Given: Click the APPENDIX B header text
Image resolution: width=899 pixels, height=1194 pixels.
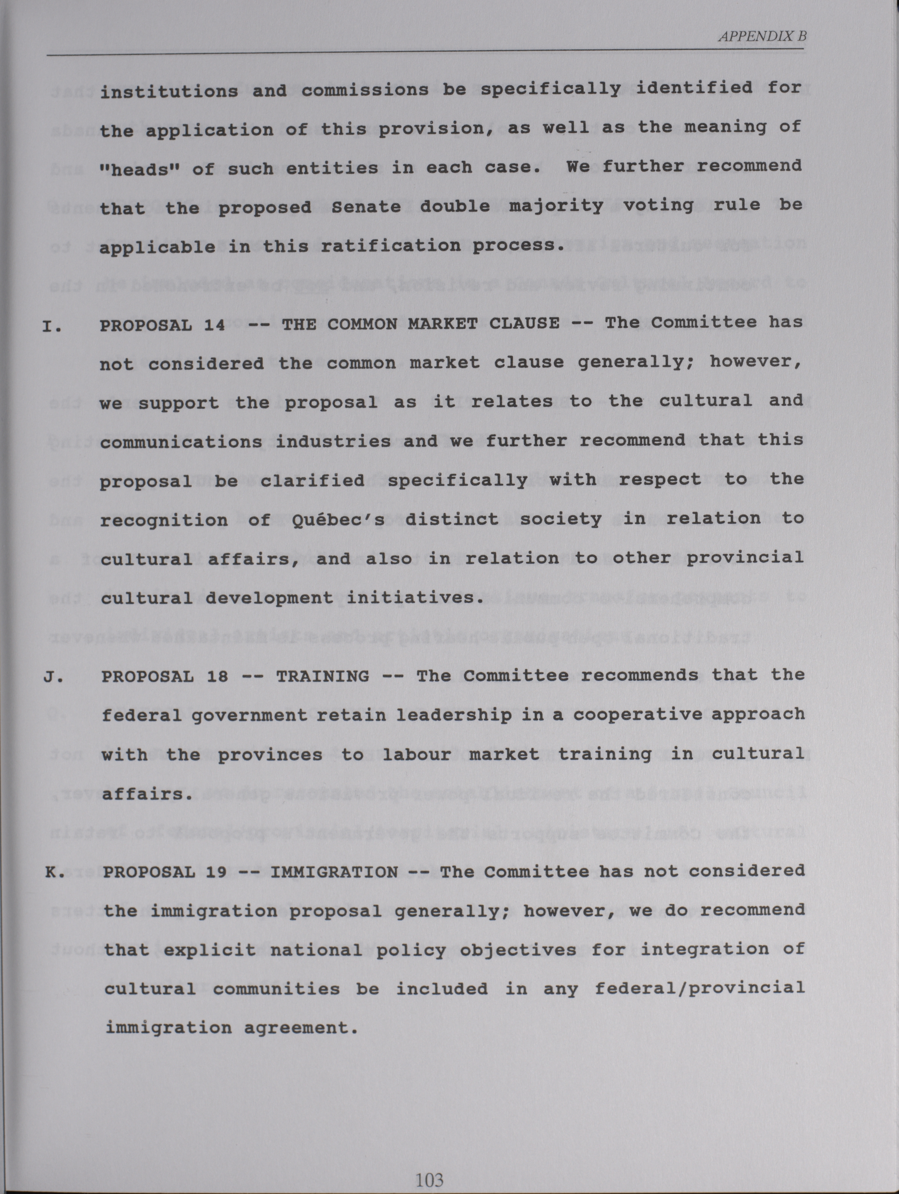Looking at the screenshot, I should click(762, 37).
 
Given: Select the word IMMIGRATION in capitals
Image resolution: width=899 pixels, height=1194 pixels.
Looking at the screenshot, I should click(334, 872).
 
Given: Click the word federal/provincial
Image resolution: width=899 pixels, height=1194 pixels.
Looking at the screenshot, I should click(699, 988).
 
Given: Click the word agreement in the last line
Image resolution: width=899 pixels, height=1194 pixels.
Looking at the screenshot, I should click(301, 1028).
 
